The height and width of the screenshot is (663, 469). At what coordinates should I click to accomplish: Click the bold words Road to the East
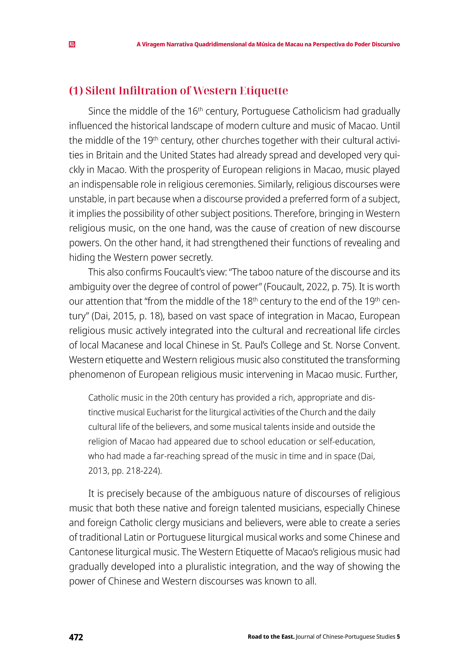click(271, 637)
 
